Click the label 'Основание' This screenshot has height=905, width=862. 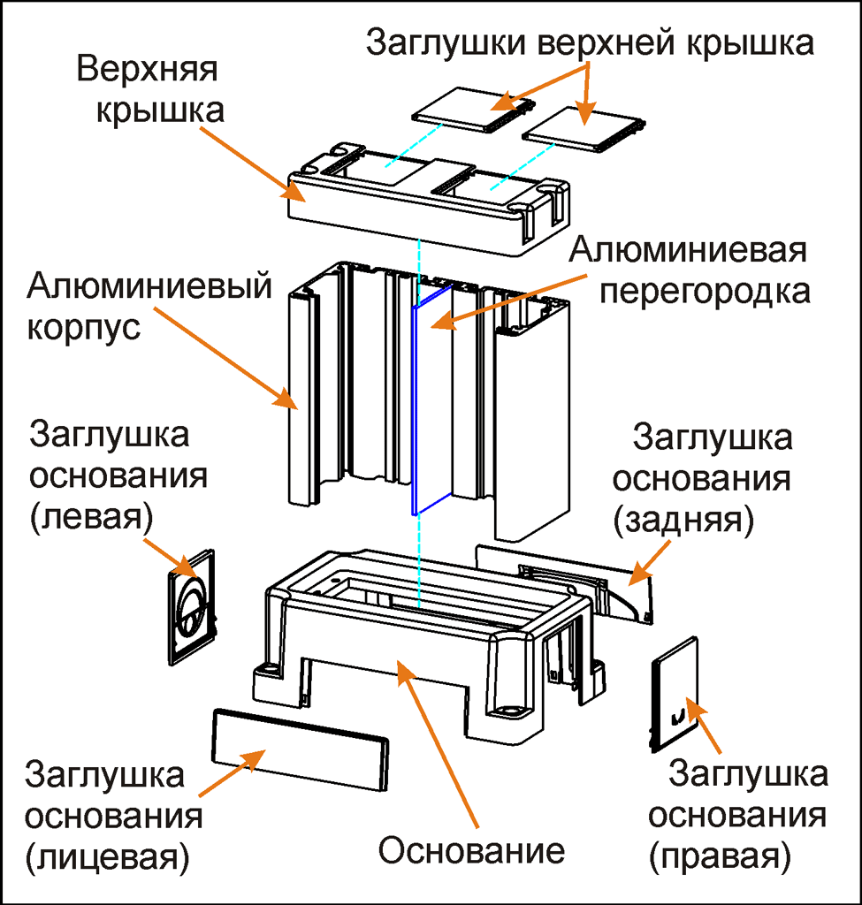tap(470, 850)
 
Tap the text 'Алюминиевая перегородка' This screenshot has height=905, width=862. tap(689, 270)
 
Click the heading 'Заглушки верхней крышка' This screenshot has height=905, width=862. tap(589, 42)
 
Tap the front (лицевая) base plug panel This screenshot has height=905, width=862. tap(301, 748)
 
